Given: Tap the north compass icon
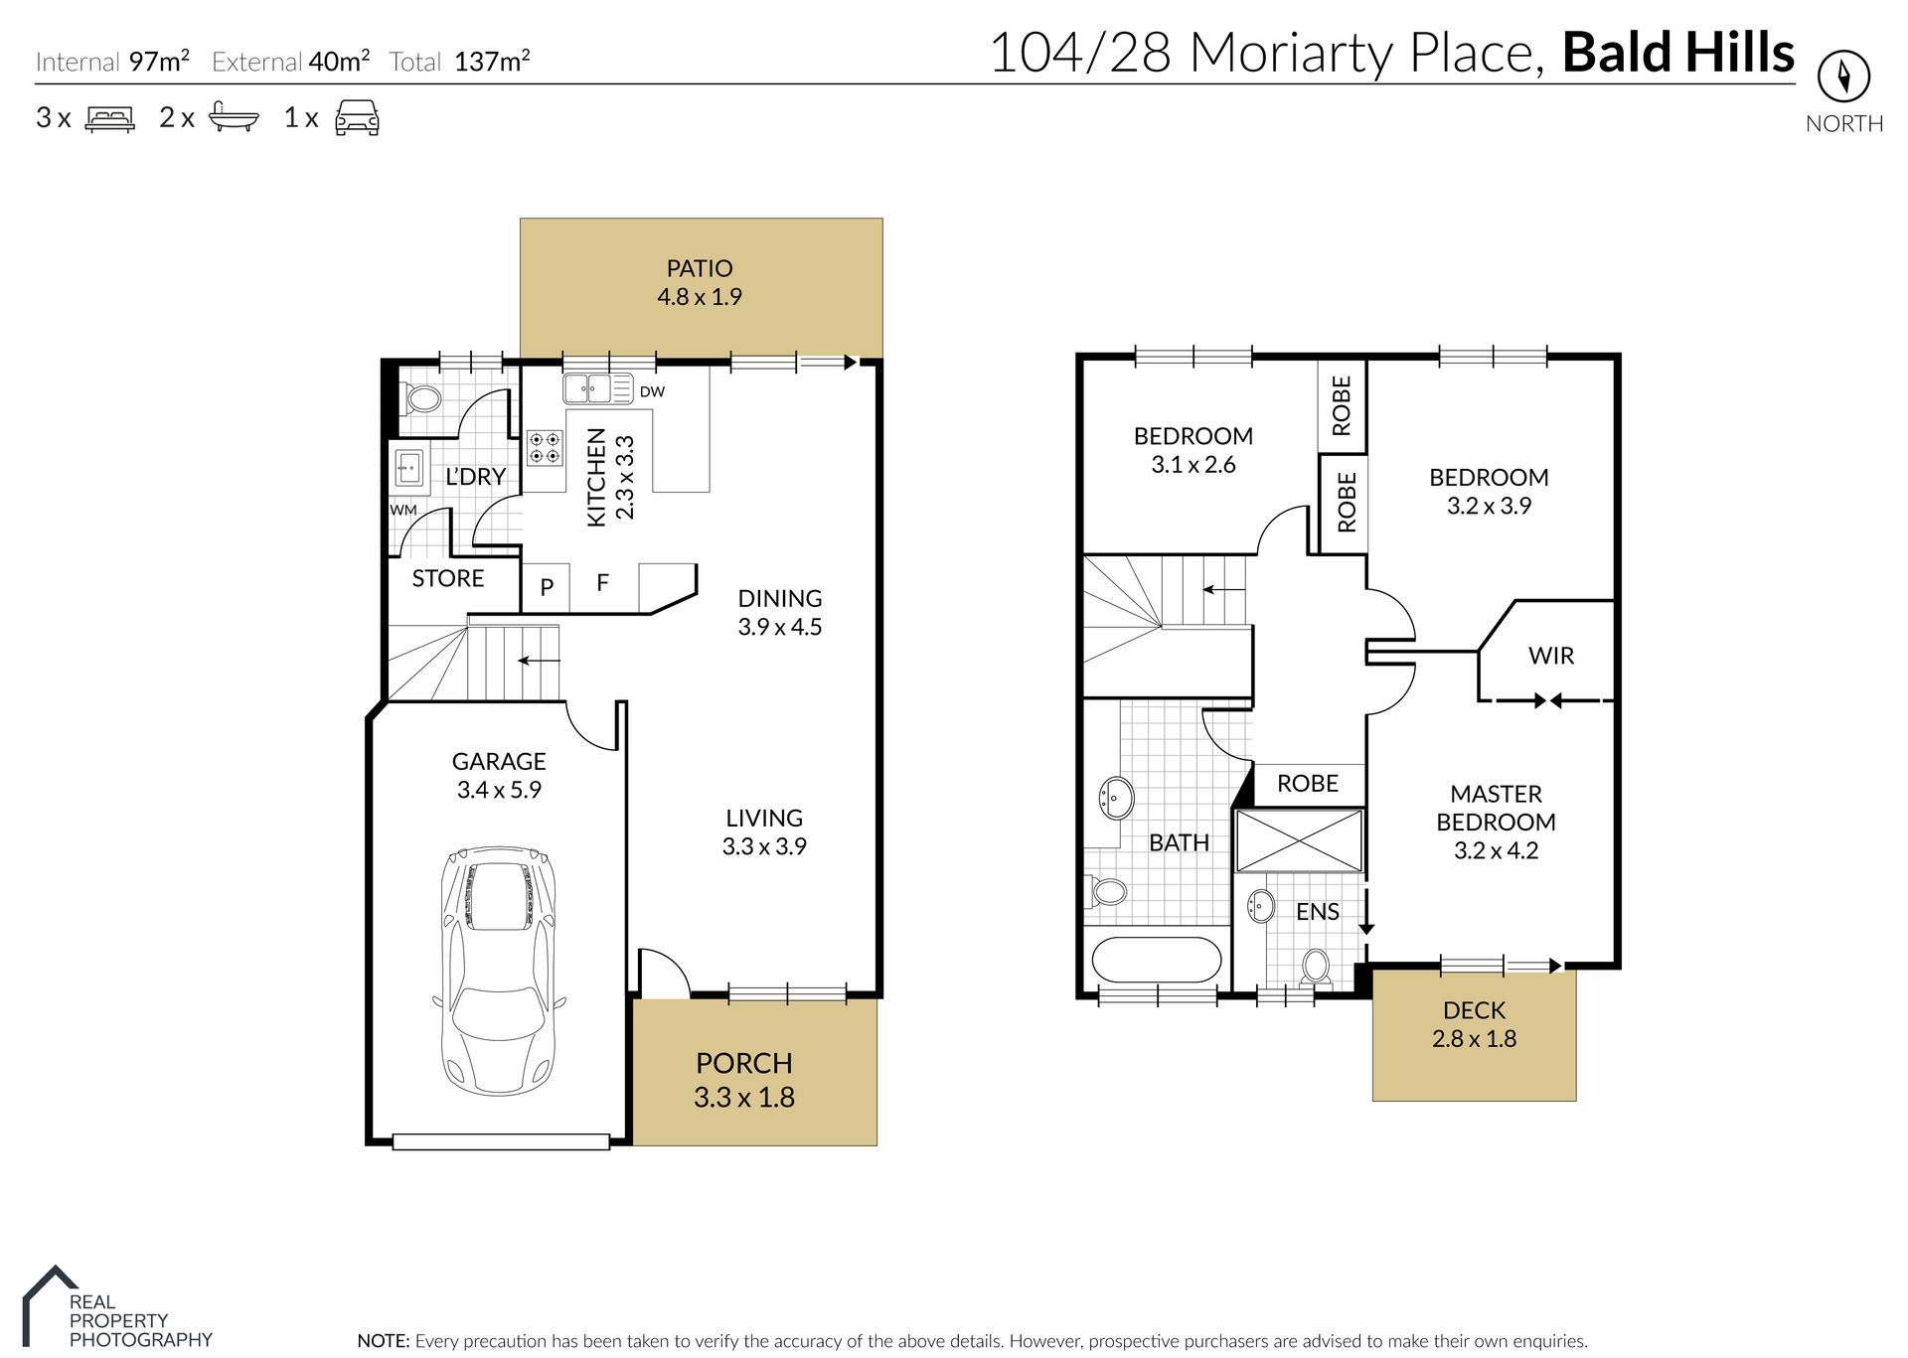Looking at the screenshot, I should (1843, 76).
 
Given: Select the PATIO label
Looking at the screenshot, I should (700, 268).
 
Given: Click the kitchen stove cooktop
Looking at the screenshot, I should (544, 447).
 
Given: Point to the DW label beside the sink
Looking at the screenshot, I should (652, 391).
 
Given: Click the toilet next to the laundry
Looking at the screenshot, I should (423, 400).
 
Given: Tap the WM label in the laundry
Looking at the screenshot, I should (402, 510).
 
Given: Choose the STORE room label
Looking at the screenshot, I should (447, 578).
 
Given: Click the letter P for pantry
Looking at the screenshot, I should (547, 587).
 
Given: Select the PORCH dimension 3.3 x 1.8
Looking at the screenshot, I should (743, 1098).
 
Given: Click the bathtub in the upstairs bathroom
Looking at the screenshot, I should (1157, 961).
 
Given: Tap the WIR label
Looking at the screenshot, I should (1550, 656).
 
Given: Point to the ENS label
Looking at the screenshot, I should (1317, 912).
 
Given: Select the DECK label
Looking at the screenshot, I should (1474, 1010).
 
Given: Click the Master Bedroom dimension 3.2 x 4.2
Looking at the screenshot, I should (1496, 850).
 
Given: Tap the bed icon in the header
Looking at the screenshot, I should (109, 118).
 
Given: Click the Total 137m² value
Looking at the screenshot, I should (492, 62).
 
